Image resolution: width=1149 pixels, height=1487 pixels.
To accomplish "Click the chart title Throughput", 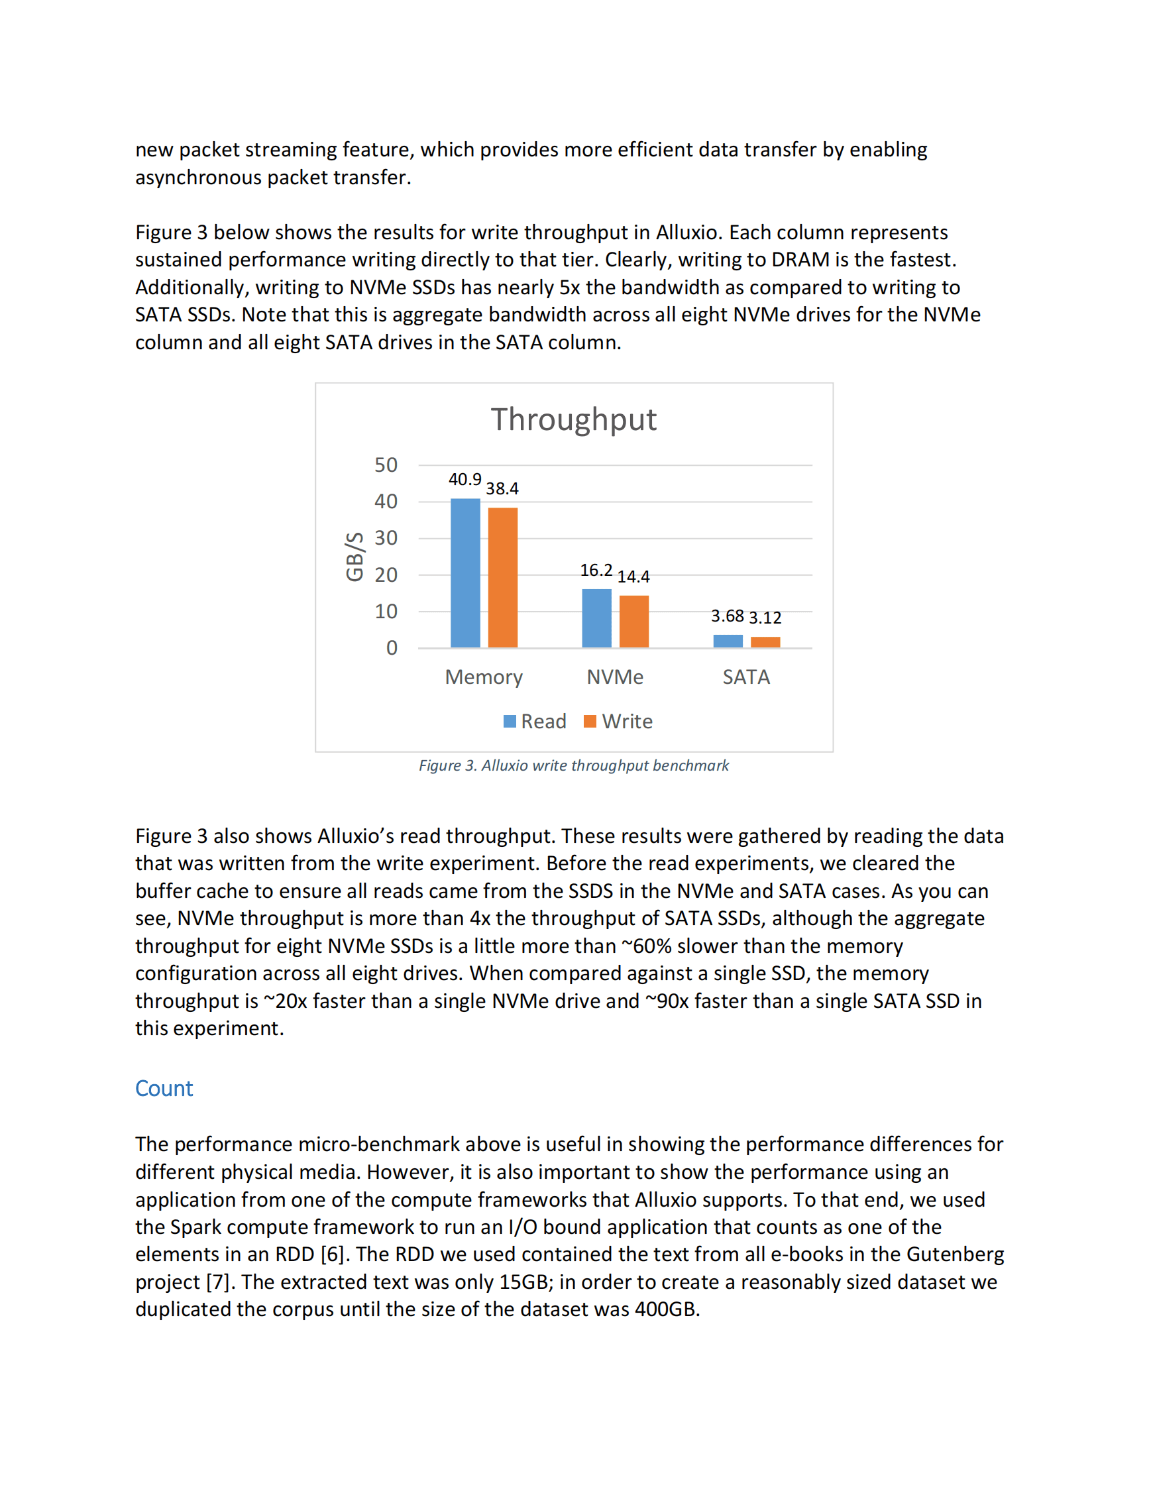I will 573,420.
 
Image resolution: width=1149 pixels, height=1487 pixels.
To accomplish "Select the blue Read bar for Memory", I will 465,573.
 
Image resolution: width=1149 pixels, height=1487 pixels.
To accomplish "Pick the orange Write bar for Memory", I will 502,577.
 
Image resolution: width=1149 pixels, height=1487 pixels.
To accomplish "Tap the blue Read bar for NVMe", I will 596,618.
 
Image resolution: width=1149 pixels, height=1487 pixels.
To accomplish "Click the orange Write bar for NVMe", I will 633,621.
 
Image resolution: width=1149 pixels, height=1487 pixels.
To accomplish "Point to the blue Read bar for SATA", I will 728,641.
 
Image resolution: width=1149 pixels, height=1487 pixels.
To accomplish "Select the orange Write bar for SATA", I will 765,642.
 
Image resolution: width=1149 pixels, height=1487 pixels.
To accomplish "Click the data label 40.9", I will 465,479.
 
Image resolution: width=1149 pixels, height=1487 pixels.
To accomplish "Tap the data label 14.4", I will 633,577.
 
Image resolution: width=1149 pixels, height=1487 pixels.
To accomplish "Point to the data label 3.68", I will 727,616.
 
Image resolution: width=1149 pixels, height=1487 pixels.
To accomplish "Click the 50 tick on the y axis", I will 385,465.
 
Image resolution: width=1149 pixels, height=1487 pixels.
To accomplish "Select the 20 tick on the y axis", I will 385,575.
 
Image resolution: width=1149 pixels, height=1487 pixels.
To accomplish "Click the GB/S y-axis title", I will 354,556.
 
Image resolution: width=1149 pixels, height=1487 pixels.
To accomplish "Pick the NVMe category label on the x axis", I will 615,677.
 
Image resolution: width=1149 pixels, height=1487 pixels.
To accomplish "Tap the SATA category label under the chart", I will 746,677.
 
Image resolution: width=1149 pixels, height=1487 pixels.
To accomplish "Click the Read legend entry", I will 535,721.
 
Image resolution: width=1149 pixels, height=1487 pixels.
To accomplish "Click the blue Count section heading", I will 164,1088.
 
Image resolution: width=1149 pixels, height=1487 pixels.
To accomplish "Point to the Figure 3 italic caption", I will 573,765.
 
